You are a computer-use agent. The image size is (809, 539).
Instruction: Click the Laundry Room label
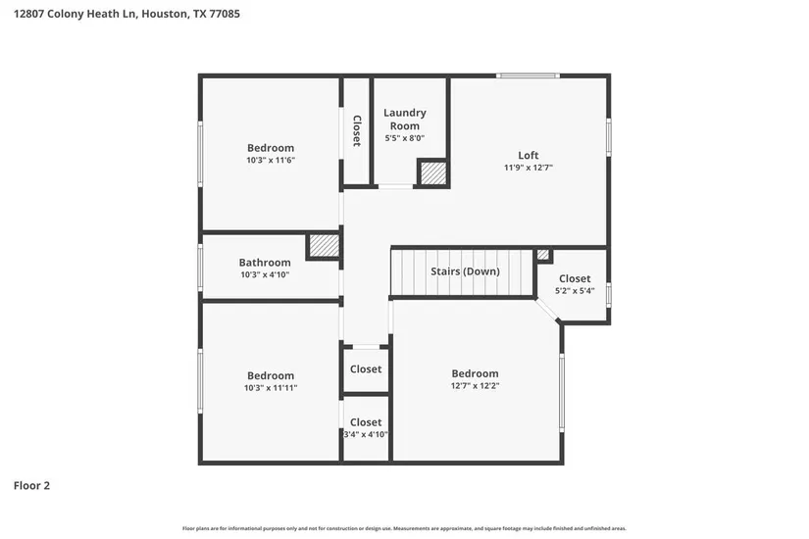404,120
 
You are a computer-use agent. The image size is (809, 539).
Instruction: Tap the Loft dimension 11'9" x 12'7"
529,168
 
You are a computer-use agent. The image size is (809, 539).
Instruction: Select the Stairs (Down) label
465,271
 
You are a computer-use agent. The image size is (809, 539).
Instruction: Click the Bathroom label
265,263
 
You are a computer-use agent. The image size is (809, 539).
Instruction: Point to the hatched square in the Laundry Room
432,173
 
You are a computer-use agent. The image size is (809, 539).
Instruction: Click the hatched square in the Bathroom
324,246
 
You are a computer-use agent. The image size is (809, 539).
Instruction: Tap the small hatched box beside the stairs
543,255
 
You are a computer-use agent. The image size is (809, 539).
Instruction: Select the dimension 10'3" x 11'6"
271,160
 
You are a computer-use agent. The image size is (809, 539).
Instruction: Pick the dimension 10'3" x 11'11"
271,388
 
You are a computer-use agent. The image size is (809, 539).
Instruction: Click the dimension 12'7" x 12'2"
475,386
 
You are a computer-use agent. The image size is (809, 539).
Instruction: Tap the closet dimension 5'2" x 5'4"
575,291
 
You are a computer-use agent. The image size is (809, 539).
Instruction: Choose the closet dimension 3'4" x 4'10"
366,434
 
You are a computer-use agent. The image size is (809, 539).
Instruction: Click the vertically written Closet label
357,131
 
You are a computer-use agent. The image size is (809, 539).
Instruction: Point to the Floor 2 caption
31,485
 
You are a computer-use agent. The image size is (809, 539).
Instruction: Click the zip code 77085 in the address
224,14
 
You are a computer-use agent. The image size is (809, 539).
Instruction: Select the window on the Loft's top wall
528,75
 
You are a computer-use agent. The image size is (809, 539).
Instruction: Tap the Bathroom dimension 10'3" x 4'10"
265,275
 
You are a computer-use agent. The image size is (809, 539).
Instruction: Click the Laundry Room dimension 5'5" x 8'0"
404,138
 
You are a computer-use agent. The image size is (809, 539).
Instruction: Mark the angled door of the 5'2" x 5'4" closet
547,311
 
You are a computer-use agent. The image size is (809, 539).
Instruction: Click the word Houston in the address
165,14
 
